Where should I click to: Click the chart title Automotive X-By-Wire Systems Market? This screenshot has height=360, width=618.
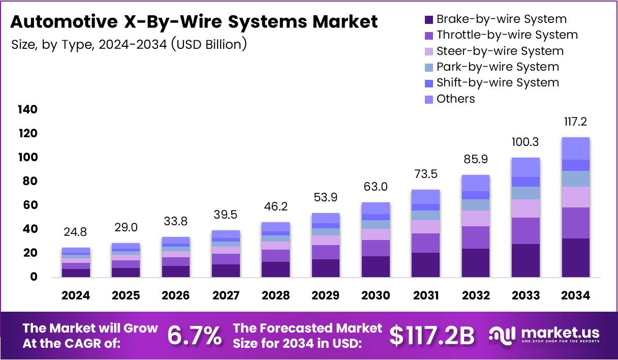click(194, 22)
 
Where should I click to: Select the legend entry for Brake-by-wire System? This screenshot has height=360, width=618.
click(501, 19)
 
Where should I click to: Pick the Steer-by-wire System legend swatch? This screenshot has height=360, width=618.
click(429, 51)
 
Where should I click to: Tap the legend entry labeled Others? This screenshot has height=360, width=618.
click(455, 99)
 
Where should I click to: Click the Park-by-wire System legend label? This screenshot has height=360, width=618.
click(498, 67)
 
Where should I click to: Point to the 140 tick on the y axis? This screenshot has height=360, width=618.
click(27, 110)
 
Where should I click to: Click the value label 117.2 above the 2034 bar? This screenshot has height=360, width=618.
click(575, 122)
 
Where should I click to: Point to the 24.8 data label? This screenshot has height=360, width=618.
click(76, 232)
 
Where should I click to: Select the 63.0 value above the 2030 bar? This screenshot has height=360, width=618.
click(376, 187)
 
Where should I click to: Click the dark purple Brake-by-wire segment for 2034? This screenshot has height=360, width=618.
click(575, 258)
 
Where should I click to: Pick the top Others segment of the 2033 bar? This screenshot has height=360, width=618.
click(526, 167)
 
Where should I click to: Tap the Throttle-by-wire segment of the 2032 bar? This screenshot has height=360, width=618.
click(476, 237)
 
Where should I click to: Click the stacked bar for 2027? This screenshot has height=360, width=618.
click(226, 254)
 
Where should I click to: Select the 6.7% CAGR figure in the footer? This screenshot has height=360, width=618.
click(195, 336)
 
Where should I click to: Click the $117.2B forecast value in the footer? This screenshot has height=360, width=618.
click(432, 336)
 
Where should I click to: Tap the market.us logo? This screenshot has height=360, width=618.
click(544, 335)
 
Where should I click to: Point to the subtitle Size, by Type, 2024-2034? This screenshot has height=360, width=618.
click(129, 44)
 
